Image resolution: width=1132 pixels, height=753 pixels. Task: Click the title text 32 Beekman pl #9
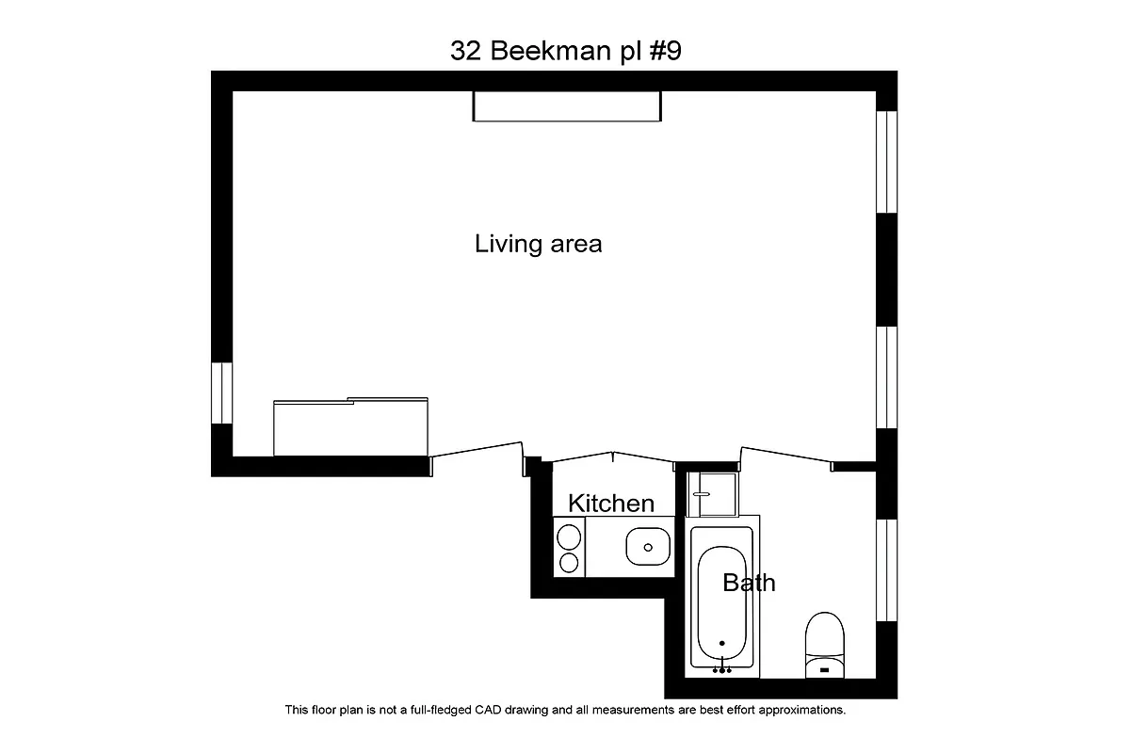click(565, 51)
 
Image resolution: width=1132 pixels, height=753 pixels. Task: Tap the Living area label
click(538, 245)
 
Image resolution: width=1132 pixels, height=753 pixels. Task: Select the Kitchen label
click(610, 504)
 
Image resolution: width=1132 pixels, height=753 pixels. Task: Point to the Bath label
click(749, 583)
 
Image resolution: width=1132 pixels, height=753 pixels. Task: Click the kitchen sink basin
click(648, 545)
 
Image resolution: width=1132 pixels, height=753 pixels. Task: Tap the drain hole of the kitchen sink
click(648, 546)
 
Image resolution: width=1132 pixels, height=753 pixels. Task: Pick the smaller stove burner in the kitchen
click(569, 563)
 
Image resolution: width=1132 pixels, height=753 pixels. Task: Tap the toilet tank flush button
click(825, 670)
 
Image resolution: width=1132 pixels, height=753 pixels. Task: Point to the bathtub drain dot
click(722, 645)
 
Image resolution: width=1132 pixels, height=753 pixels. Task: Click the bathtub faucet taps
click(722, 670)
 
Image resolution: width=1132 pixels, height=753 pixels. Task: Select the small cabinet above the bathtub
click(712, 494)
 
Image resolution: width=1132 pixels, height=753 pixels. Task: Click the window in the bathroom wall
click(886, 569)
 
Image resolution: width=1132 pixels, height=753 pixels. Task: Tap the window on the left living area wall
click(221, 393)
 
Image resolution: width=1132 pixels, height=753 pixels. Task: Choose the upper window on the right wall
click(886, 163)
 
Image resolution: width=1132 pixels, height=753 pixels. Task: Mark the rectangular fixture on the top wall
click(566, 105)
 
